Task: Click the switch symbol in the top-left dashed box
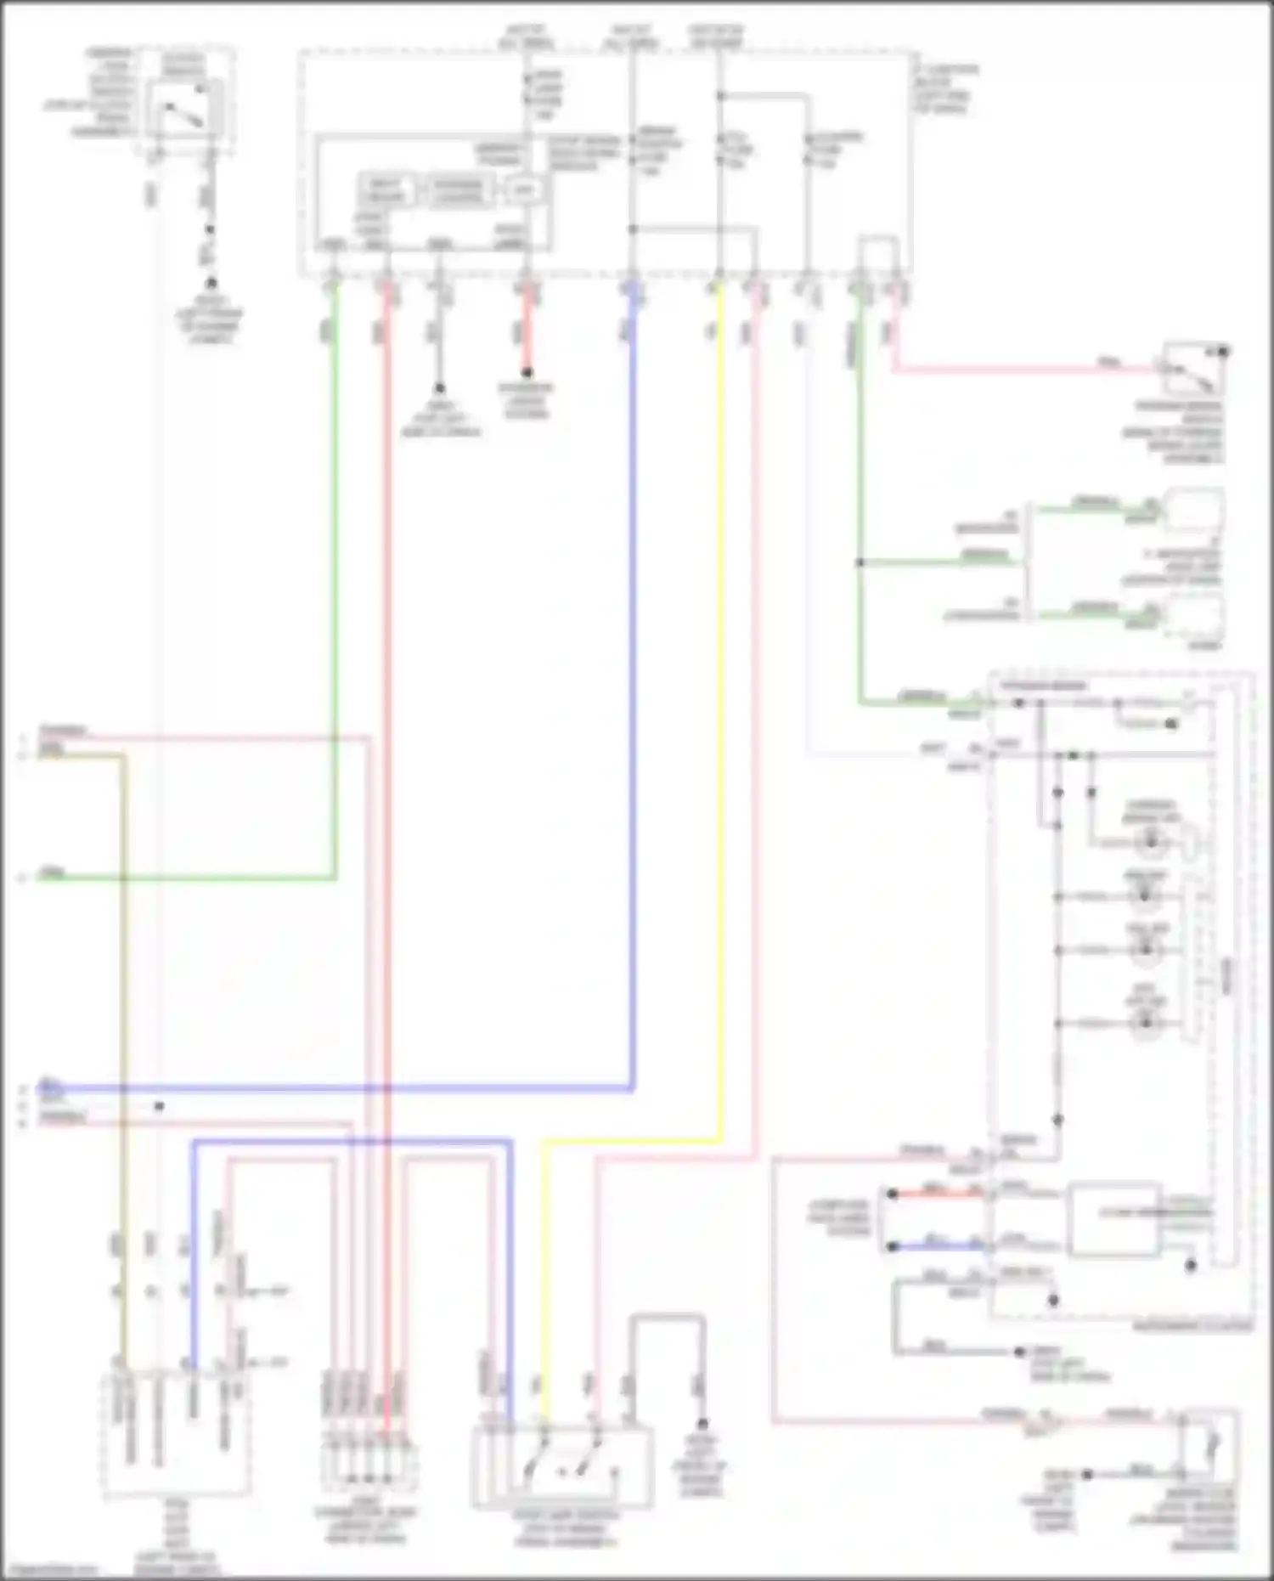click(184, 110)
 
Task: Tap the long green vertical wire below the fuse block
click(334, 595)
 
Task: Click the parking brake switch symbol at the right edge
click(1192, 370)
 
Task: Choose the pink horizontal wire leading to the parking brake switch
click(1019, 370)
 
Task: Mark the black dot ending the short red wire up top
click(527, 372)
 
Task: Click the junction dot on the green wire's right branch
click(860, 562)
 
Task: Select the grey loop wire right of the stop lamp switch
click(667, 1319)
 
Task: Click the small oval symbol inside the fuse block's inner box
click(523, 190)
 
